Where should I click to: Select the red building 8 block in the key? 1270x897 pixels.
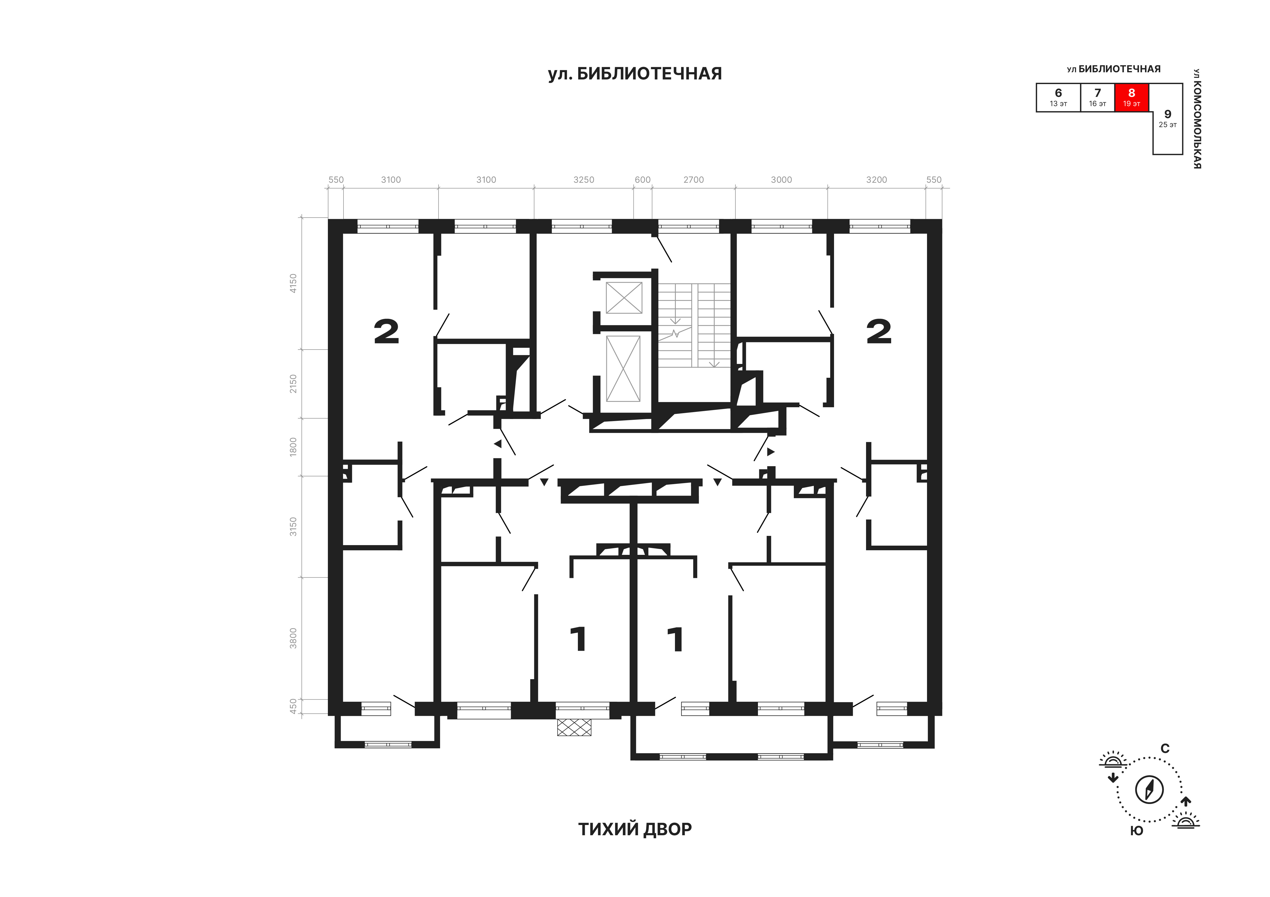tap(1132, 97)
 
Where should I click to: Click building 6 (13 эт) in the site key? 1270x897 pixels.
tap(1058, 97)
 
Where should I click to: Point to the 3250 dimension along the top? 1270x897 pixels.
tap(584, 180)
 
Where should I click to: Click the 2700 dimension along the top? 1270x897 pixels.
tap(694, 180)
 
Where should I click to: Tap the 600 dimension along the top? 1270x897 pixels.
tap(643, 180)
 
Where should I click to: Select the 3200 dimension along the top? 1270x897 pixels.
tap(877, 180)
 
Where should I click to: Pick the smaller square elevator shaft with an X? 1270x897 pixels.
tap(624, 298)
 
